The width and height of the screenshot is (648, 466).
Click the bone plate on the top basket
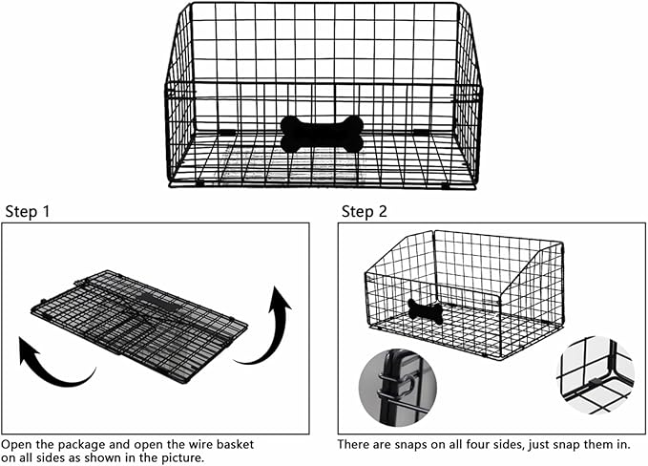click(x=322, y=134)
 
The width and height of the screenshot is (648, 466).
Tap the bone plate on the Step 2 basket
click(x=425, y=310)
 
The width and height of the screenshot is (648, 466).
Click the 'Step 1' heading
click(x=28, y=211)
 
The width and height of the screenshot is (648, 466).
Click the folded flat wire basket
click(x=139, y=323)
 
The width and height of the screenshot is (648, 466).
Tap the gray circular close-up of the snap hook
click(x=396, y=388)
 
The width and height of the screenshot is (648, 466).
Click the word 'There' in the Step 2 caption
click(x=355, y=445)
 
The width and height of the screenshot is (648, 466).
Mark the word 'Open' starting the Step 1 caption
click(x=17, y=445)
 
